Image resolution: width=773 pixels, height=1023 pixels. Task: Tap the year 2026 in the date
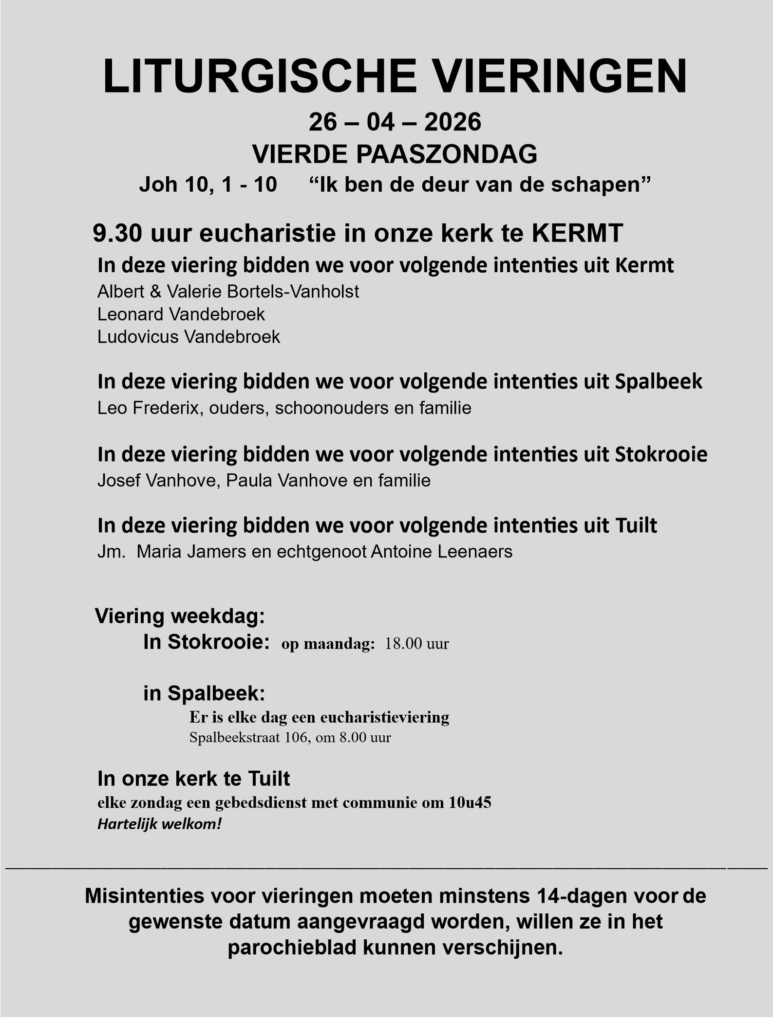coord(452,122)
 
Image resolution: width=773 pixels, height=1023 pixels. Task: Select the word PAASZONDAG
coord(447,154)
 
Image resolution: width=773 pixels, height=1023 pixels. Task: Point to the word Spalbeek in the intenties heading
coord(659,382)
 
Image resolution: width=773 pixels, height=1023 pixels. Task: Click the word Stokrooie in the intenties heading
coord(661,454)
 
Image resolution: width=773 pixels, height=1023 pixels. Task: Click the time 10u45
coord(470,802)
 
